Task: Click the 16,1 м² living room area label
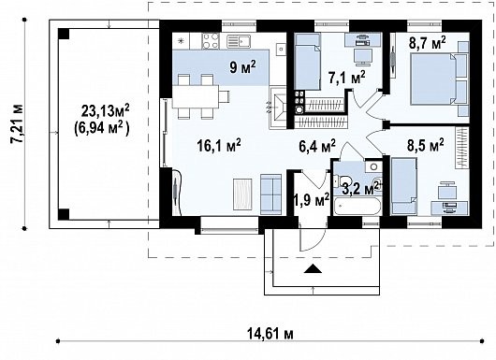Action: click(x=219, y=146)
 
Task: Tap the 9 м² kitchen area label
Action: click(x=242, y=67)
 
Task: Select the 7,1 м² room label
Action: click(x=346, y=78)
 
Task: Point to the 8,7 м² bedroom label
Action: click(x=428, y=43)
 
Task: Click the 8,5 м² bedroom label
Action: click(x=425, y=146)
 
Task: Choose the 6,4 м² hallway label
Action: click(x=317, y=146)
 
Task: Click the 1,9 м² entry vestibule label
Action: click(x=312, y=199)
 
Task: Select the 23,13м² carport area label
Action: click(x=106, y=111)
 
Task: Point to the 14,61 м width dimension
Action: click(x=270, y=334)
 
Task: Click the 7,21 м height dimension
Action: click(x=17, y=123)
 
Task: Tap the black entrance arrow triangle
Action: click(x=313, y=268)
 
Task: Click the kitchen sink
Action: click(x=239, y=41)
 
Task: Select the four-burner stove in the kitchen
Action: click(x=211, y=41)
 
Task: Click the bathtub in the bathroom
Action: click(x=357, y=207)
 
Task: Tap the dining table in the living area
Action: click(x=196, y=96)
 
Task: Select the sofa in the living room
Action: click(x=270, y=194)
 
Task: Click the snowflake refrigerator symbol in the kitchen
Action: click(x=181, y=41)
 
